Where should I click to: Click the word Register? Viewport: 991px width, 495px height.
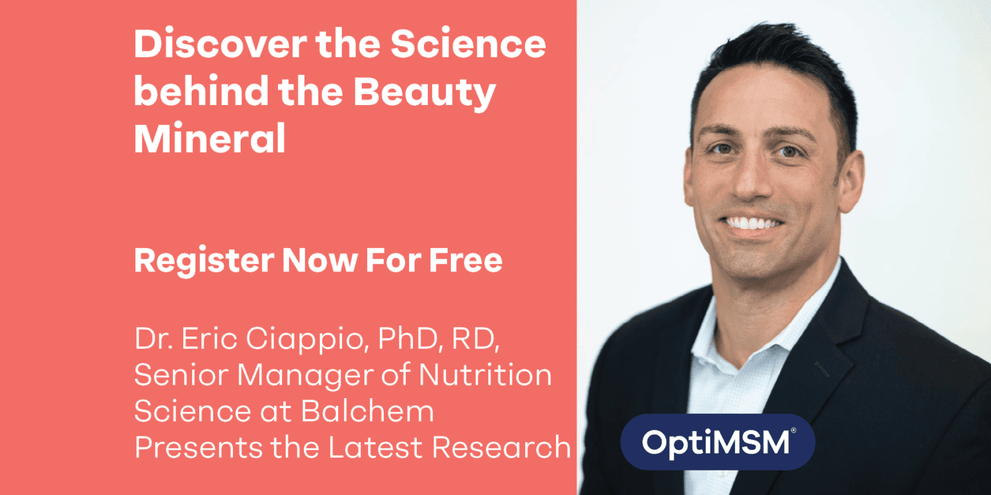(x=203, y=261)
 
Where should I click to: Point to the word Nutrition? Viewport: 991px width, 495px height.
(x=491, y=376)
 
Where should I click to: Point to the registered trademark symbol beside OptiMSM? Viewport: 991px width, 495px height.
(x=793, y=430)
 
